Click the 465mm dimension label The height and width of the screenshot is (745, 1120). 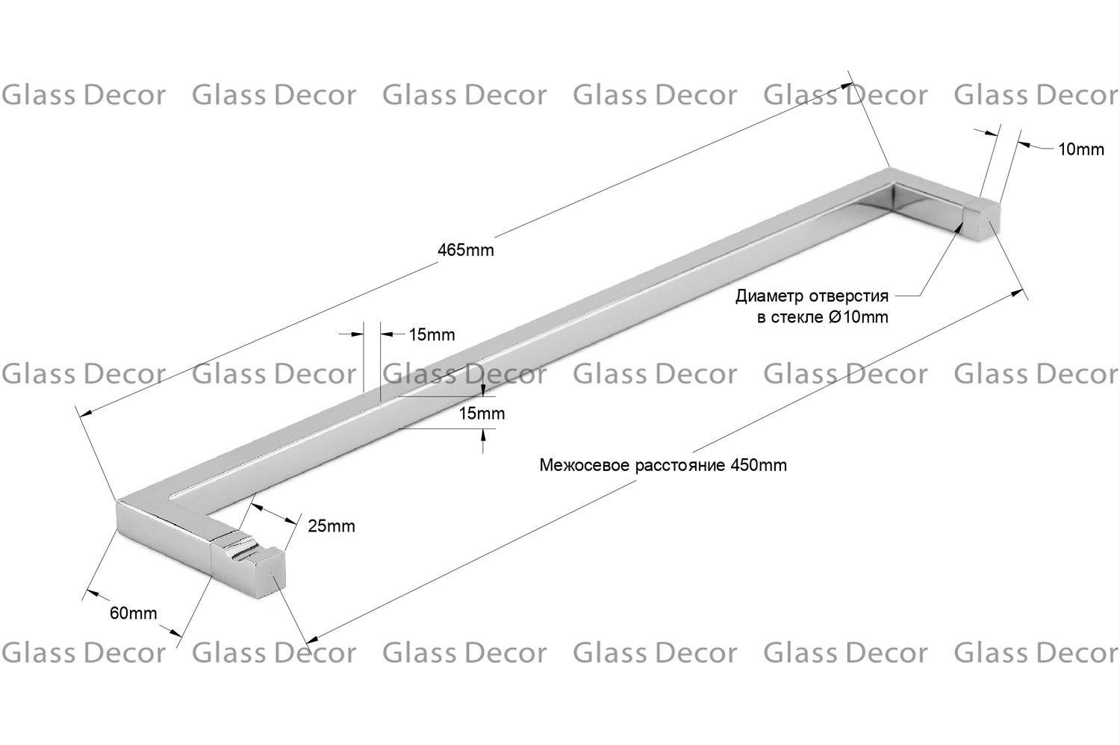465,249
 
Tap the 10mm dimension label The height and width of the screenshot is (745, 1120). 1081,149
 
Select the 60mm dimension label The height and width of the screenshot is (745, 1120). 133,613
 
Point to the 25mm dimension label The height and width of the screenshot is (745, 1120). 331,526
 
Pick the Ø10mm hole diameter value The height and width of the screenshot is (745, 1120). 858,317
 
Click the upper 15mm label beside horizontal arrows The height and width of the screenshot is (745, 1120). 432,334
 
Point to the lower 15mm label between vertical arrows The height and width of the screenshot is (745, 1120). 482,414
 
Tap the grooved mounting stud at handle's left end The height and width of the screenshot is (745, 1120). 247,565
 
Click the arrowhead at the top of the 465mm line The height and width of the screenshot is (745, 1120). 847,86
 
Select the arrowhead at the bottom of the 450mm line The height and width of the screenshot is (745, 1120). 312,640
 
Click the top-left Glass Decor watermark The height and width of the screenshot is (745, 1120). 84,95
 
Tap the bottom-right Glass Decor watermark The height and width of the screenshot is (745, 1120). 1036,653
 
